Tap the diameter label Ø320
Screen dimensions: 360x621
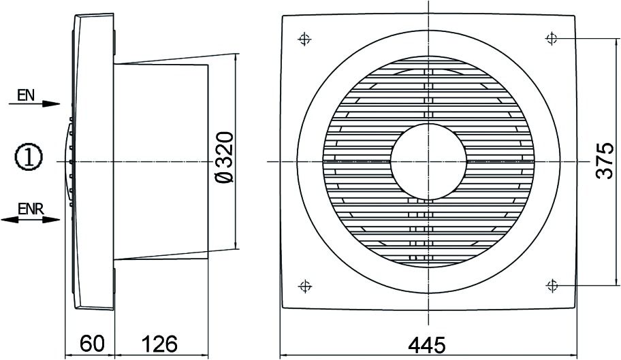pos(225,157)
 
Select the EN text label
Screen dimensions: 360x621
pos(26,96)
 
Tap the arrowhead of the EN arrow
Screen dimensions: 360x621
pos(52,103)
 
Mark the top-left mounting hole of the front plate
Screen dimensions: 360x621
pos(304,39)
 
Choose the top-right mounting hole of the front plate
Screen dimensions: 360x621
pos(551,39)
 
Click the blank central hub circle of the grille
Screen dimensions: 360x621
pos(428,161)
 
